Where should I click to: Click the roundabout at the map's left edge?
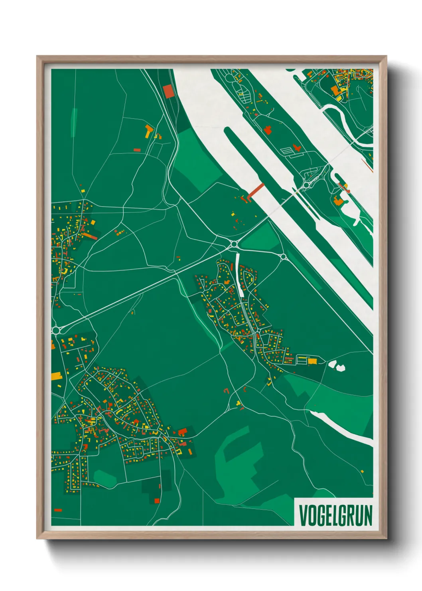click(56, 330)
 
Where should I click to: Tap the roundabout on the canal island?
click(306, 185)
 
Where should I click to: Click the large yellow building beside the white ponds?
click(312, 361)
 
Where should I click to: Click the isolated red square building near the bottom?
click(157, 500)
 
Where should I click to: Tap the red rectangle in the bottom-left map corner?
click(58, 510)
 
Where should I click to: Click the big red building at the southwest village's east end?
click(182, 432)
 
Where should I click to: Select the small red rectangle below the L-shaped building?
click(137, 150)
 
